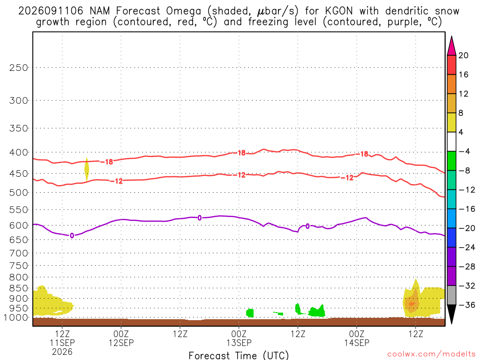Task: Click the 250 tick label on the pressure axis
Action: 19,67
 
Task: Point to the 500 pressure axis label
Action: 19,193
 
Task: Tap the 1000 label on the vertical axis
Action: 16,317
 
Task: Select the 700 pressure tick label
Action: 19,253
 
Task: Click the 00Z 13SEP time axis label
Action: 239,338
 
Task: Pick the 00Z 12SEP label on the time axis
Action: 121,338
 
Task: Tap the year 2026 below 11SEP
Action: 62,352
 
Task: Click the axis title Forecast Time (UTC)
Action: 239,355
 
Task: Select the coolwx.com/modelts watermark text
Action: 431,354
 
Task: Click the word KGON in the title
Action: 339,11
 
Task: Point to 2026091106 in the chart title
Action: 51,11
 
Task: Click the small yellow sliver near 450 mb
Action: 87,169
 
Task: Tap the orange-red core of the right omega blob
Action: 412,304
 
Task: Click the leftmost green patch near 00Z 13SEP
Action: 250,313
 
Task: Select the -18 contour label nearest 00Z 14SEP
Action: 364,154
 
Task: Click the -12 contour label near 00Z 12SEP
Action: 116,181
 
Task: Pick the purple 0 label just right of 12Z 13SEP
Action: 307,226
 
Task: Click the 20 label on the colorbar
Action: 464,55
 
